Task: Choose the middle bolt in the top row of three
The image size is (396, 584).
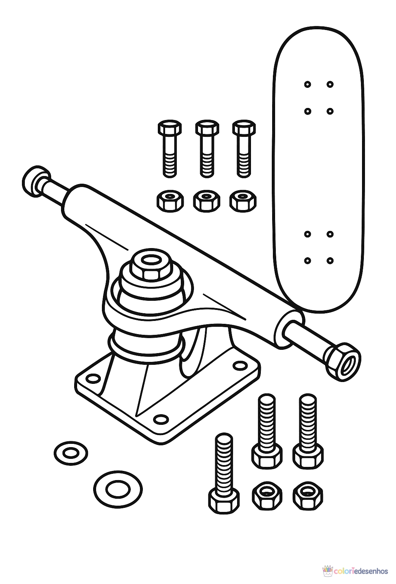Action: click(x=207, y=149)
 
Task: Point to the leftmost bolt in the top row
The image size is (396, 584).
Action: click(x=170, y=149)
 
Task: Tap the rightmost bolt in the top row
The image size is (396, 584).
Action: click(x=244, y=149)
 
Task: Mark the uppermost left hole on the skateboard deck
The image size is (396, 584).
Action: click(x=308, y=85)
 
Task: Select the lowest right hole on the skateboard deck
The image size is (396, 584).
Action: click(x=330, y=261)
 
